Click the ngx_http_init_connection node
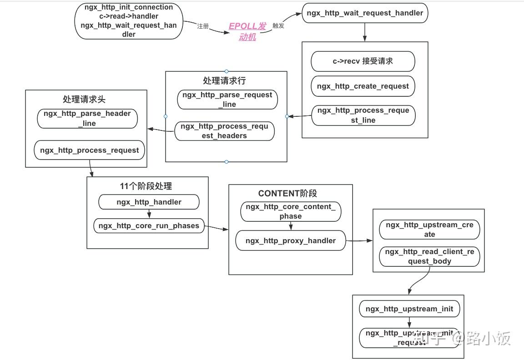(x=129, y=20)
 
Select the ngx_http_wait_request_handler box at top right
(x=365, y=13)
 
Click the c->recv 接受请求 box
(x=363, y=61)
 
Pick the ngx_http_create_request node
(x=363, y=86)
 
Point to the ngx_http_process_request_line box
(x=363, y=115)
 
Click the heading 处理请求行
(x=224, y=80)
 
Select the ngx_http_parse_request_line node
(x=227, y=100)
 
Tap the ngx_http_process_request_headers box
(x=224, y=131)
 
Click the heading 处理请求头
(x=84, y=99)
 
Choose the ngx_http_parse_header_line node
(x=87, y=118)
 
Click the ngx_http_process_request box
(x=89, y=150)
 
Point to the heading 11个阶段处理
(x=146, y=186)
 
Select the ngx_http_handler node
(x=149, y=202)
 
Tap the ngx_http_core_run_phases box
(x=149, y=226)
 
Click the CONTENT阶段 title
(x=287, y=193)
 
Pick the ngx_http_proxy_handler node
(x=291, y=240)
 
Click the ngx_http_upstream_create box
(x=429, y=230)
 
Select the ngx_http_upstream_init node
(x=409, y=309)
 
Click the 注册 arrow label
(x=203, y=26)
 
